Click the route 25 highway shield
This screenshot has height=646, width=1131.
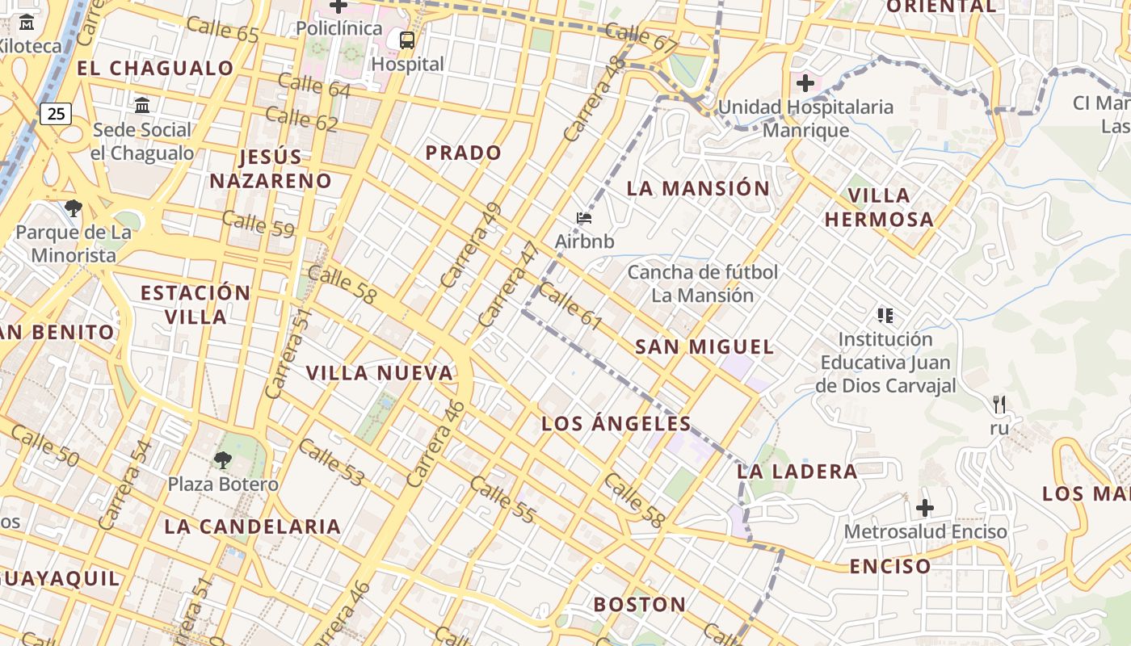coord(56,114)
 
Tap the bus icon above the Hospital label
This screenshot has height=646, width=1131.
coord(407,40)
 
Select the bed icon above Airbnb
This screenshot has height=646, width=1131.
coord(584,217)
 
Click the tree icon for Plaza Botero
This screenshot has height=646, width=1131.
coord(222,460)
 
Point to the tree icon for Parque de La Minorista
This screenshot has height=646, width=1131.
coord(74,208)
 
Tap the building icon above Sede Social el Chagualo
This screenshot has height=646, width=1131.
coord(142,106)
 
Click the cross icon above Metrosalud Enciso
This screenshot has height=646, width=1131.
coord(925,508)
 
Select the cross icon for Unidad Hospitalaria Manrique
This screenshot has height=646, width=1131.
coord(805,82)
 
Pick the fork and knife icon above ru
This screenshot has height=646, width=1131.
coord(999,403)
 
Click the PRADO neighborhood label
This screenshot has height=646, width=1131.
coord(464,153)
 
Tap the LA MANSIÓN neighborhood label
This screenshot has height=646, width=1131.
coord(699,189)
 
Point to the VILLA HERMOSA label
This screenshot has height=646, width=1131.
coord(879,207)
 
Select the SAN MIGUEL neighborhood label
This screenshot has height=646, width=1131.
coord(704,347)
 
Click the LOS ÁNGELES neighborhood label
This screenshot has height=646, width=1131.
coord(616,424)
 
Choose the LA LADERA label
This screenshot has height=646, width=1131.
coord(797,472)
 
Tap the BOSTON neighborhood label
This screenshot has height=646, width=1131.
coord(640,605)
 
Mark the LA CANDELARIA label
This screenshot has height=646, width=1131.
coord(253,526)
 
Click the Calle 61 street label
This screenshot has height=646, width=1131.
coord(570,307)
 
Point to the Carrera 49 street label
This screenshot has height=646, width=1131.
coord(472,245)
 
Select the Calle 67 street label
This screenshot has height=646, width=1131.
coord(641,38)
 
